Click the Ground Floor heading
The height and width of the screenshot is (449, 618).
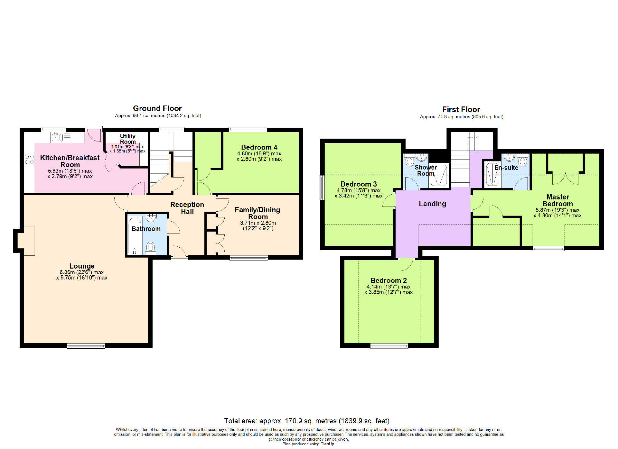coord(157,108)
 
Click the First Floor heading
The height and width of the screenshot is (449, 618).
coord(461,110)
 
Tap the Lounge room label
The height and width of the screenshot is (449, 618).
coord(82,266)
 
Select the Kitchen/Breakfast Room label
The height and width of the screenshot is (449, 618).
coord(70,161)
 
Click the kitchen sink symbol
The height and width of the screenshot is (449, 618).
coord(57,137)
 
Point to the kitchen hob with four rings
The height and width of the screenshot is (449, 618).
coord(29,159)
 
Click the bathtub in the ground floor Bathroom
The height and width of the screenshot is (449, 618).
coord(135,235)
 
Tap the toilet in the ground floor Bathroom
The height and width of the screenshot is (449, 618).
coord(150,248)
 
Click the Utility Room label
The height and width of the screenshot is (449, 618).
coord(128,139)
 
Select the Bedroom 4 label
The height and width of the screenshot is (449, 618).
coord(259,147)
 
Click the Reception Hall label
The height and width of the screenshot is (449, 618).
coord(187,208)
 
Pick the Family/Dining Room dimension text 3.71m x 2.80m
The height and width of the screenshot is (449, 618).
coord(258,223)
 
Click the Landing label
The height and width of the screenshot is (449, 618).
coord(432,204)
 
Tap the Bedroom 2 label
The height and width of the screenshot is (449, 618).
coord(389,280)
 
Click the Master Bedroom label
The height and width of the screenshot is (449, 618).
coord(557,200)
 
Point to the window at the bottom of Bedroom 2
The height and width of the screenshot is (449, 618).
coord(389,346)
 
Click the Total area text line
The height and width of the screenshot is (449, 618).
coord(306,421)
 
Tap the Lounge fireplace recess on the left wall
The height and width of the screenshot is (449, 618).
coord(25,241)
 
